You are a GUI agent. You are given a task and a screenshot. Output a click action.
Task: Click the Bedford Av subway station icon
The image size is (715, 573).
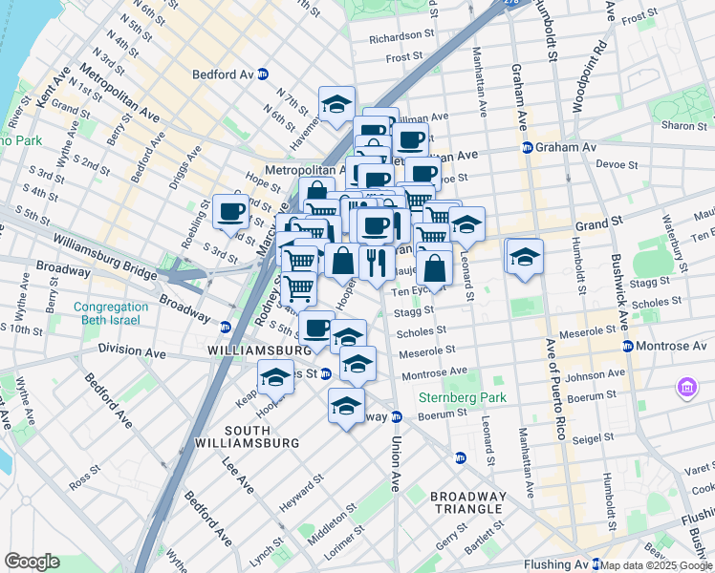coord(263,74)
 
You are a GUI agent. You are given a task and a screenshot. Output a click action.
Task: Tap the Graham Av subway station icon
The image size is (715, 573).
coord(527,147)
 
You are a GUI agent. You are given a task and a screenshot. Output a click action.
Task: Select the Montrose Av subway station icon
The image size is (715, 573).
coord(628,345)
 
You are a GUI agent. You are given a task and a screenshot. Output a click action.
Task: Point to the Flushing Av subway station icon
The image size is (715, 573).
coord(596,563)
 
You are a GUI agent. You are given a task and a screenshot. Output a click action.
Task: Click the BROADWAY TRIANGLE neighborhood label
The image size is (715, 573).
coord(467,502)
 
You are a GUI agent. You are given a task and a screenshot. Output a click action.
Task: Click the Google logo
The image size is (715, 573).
coord(32,562)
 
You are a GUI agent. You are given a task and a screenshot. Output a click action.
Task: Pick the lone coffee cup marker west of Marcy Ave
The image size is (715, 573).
coord(230,212)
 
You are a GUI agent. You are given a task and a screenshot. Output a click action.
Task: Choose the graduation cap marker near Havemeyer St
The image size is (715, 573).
coord(336,104)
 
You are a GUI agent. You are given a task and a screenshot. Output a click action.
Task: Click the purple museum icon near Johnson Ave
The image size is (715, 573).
coord(686,388)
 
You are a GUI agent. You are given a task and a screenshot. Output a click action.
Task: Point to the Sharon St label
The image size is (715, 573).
coord(682,125)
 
